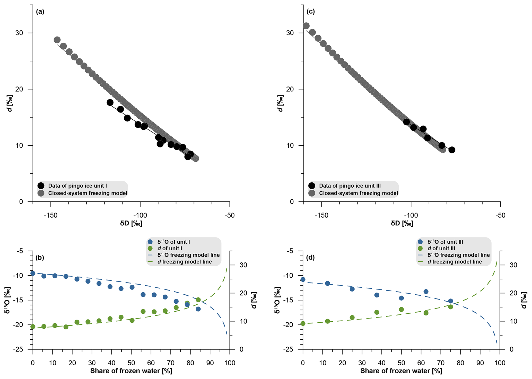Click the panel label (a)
[x=40, y=12]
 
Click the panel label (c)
[x=311, y=12]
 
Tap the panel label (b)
[x=40, y=258]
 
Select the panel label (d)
[x=310, y=258]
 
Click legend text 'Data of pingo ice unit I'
[x=77, y=186]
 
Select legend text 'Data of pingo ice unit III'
[x=350, y=186]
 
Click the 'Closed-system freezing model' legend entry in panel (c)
[x=359, y=193]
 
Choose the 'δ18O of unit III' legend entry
[x=445, y=242]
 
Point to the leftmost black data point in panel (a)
[x=110, y=102]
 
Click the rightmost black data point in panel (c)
[x=452, y=150]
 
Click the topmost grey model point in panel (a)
[x=57, y=40]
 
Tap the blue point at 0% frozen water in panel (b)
[x=33, y=273]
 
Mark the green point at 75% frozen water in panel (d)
[x=450, y=307]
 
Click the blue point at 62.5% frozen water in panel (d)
[x=426, y=292]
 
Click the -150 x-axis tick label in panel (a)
[x=50, y=215]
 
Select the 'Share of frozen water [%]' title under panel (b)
[x=131, y=371]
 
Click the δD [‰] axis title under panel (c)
[x=402, y=223]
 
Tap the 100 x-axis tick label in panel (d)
[x=500, y=363]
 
